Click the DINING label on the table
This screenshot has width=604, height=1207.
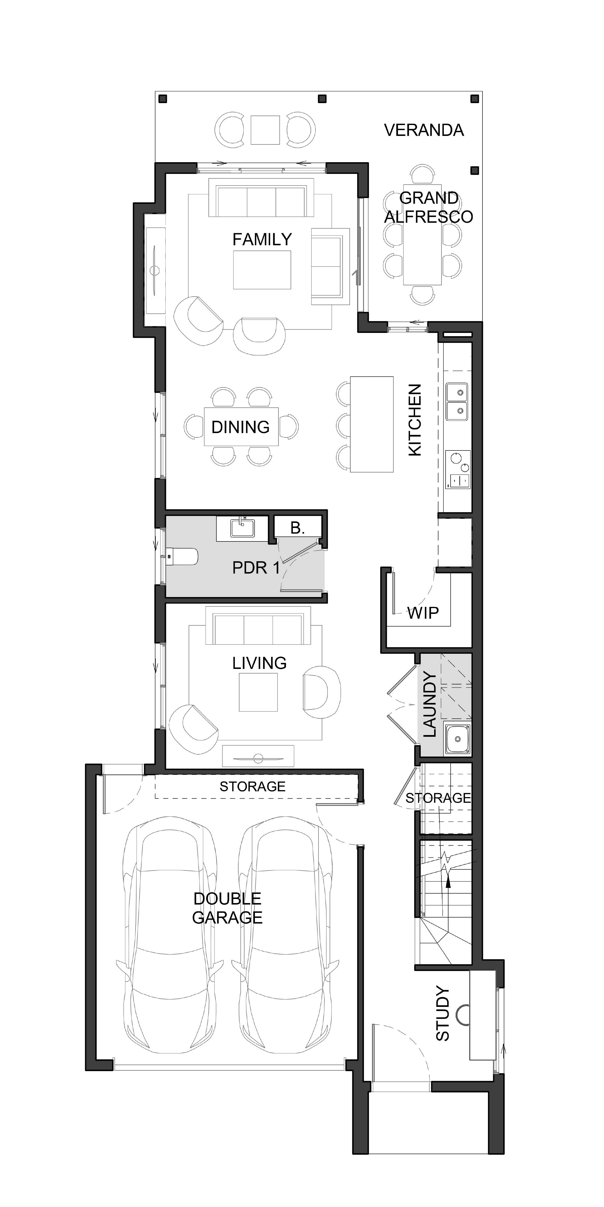[241, 427]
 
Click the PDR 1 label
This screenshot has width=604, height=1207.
[256, 568]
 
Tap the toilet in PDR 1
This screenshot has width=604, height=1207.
[182, 557]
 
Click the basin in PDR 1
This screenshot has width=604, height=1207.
[242, 528]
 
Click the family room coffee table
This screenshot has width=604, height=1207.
[262, 270]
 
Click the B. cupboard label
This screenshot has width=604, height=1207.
[297, 528]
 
